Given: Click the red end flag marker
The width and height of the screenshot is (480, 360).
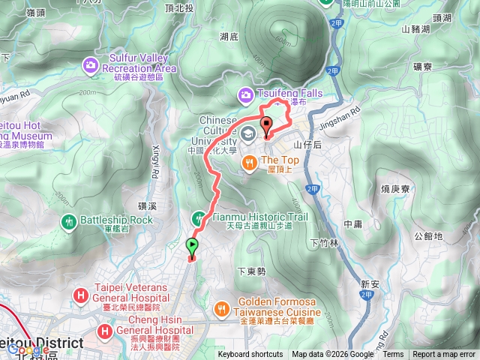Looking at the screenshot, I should click(266, 126).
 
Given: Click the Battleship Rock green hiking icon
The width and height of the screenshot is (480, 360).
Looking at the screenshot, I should click(69, 220).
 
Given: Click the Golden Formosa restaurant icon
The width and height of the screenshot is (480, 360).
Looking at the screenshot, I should click(222, 307).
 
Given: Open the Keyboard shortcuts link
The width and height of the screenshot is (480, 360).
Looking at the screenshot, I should click(250, 355).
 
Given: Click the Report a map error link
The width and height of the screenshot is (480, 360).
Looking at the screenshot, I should click(445, 355).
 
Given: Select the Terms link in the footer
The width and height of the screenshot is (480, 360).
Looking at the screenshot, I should click(393, 355).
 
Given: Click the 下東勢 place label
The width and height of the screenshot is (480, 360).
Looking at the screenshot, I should click(251, 271).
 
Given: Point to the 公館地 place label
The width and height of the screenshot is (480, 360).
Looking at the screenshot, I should click(427, 236).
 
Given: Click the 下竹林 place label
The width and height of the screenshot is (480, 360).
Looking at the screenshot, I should click(324, 243).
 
